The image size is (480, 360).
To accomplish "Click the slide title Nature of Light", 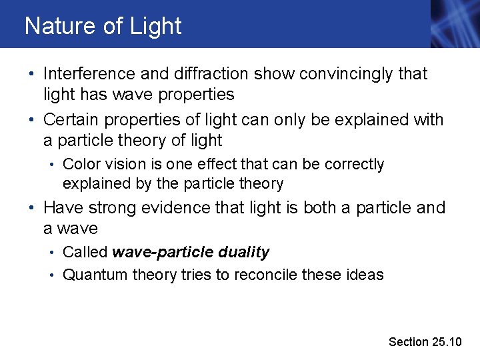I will coord(103,26).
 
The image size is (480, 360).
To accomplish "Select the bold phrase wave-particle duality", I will coord(191,253).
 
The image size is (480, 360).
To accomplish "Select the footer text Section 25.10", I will coord(425,342).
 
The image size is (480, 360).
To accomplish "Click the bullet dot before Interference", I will coord(33,75).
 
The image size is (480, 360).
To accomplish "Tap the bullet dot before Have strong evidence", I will coord(33,209).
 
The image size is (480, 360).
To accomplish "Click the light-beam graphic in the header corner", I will coord(454,24).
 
